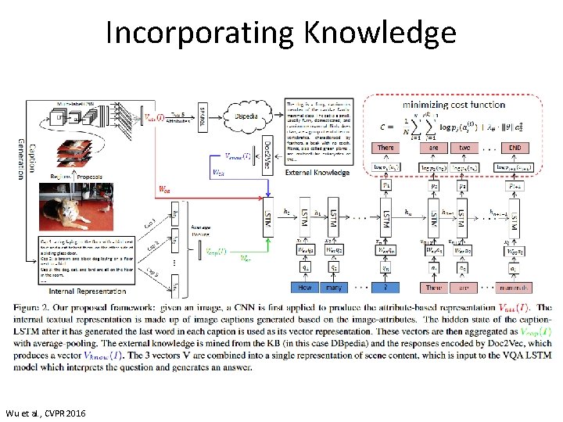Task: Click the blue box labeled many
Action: [x=334, y=288]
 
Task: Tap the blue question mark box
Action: [x=385, y=288]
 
